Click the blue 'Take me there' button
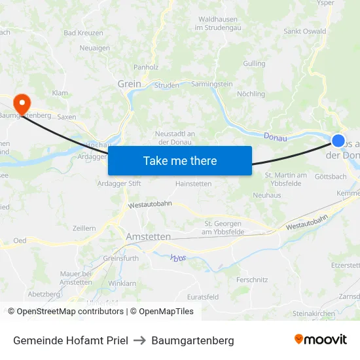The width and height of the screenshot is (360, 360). [x=180, y=160]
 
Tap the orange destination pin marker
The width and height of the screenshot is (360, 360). [x=22, y=103]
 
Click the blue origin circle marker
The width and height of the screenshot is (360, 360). [x=338, y=140]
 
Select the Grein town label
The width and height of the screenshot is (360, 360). [x=129, y=84]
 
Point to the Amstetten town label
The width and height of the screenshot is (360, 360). [x=149, y=236]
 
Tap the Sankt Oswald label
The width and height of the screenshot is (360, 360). [x=304, y=31]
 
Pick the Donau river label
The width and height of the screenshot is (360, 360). [x=275, y=136]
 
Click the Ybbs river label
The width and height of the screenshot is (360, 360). [x=178, y=257]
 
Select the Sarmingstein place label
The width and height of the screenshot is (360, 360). [x=212, y=84]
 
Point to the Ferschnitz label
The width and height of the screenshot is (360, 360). [x=252, y=279]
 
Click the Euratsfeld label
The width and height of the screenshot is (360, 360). [x=202, y=297]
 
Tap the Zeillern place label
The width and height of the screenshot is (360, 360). [x=84, y=227]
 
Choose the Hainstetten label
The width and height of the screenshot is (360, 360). [x=193, y=184]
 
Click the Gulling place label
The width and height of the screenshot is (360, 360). [x=254, y=63]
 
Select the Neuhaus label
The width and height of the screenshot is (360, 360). [x=266, y=195]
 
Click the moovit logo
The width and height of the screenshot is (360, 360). [x=320, y=340]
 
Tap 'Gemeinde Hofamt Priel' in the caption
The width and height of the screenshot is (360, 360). [x=70, y=340]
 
